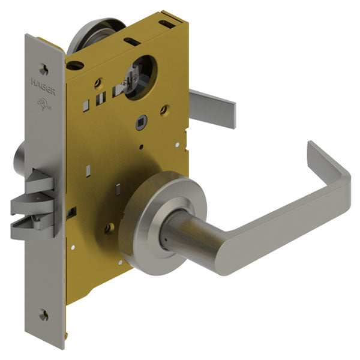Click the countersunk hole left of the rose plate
click(110, 227)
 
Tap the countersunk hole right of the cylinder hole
click(165, 109)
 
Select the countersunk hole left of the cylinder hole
click(98, 83)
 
